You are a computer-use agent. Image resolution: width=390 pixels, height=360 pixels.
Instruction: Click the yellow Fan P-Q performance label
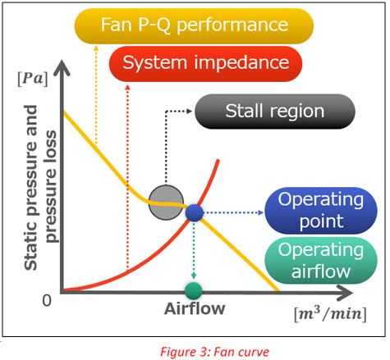[x=194, y=26]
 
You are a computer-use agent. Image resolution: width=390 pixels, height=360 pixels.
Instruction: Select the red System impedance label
[x=206, y=64]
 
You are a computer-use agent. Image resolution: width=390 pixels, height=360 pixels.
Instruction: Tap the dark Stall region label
[x=275, y=112]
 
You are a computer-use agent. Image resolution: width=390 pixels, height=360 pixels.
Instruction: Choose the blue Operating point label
[x=321, y=211]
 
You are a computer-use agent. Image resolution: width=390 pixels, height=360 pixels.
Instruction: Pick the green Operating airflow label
[x=321, y=261]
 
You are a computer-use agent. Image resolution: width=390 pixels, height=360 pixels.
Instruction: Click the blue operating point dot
[x=195, y=212]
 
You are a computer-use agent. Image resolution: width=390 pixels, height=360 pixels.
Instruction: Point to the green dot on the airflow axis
[x=194, y=291]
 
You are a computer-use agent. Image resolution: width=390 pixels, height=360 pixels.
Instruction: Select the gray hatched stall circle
[x=166, y=203]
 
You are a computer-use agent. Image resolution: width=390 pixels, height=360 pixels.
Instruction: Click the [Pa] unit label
[x=33, y=80]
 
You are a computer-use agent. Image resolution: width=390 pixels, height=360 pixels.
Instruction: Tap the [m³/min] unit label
[x=330, y=314]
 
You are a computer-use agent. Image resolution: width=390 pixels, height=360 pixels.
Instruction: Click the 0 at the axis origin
[x=47, y=300]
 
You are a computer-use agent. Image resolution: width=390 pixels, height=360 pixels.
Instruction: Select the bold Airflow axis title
[x=195, y=309]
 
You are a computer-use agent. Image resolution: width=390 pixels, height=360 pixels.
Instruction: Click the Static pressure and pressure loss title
[x=40, y=188]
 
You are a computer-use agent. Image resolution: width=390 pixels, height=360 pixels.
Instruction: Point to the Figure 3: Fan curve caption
[x=214, y=352]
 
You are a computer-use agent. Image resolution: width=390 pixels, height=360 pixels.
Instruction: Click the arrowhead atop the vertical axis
[x=62, y=67]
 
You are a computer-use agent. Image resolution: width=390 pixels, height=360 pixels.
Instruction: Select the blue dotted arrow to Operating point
[x=233, y=212]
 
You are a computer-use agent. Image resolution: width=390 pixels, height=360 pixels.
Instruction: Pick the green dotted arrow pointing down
[x=194, y=250]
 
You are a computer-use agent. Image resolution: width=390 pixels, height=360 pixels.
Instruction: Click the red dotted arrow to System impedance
[x=127, y=177]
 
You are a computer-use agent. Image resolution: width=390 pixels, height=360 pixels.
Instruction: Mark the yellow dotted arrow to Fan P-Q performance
[x=96, y=95]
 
